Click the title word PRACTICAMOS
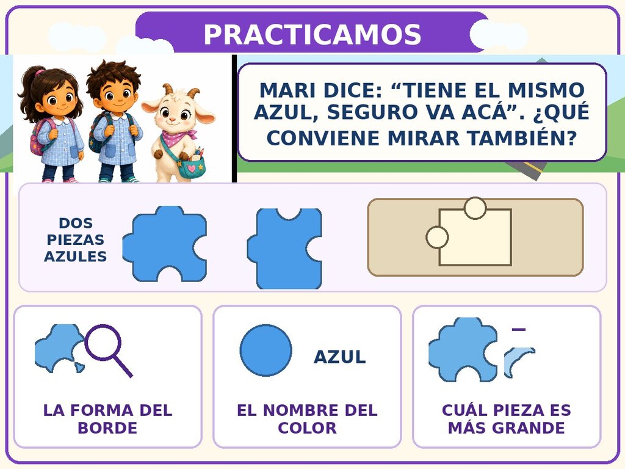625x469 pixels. click(312, 34)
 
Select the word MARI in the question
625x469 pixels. click(287, 90)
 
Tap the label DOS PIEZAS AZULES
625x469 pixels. click(75, 239)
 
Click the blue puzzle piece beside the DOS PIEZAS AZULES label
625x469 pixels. click(165, 244)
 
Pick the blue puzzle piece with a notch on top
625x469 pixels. click(284, 249)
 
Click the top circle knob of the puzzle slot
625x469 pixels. click(475, 208)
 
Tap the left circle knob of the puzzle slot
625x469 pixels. click(437, 237)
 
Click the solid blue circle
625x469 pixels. click(266, 350)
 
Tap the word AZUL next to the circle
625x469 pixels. click(339, 357)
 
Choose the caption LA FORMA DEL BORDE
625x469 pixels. click(107, 419)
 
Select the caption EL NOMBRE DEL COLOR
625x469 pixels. click(307, 419)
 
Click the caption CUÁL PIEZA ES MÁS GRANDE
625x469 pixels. click(507, 419)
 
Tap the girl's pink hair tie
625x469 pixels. click(39, 73)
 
